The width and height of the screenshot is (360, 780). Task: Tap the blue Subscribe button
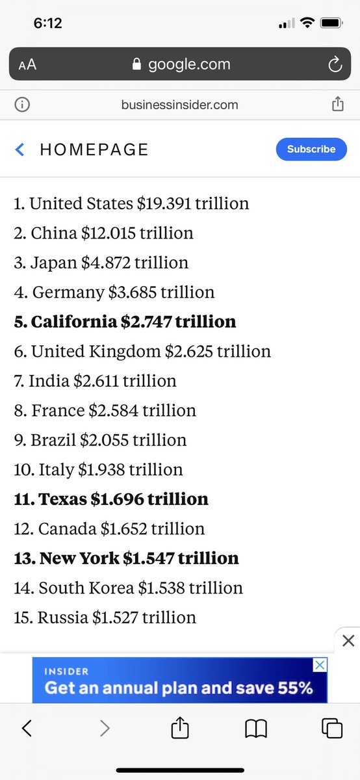point(311,149)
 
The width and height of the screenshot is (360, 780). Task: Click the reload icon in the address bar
point(335,64)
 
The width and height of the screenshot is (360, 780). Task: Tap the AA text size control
point(27,65)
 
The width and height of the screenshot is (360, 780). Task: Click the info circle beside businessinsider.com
point(21,105)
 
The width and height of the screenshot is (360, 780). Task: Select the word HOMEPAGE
point(94,149)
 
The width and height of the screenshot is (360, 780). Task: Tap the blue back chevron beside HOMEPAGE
point(20,149)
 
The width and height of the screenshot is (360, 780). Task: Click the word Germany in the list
point(68,292)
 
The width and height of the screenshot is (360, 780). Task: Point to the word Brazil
point(54,439)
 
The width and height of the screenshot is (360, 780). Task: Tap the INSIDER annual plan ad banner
point(179,680)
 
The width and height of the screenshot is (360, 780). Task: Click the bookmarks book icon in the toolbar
point(256,729)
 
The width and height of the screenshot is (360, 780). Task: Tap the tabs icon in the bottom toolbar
point(332,729)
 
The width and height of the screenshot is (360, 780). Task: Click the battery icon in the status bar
point(331,23)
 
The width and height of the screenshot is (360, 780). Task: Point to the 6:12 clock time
point(47,23)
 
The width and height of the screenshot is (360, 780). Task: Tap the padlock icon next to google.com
point(136,64)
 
